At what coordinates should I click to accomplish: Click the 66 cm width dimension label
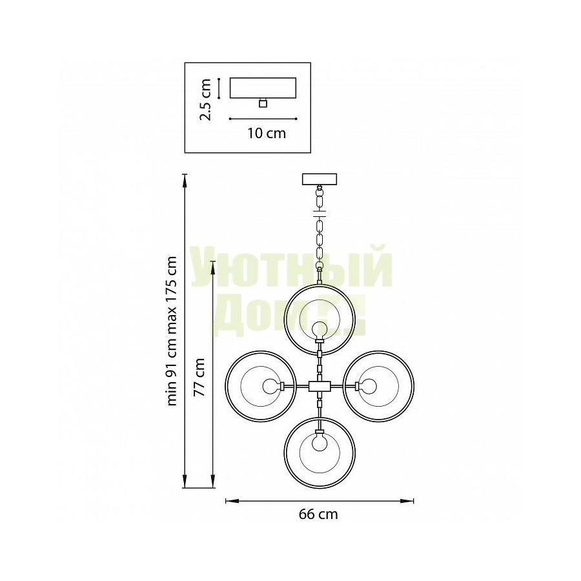coord(318,515)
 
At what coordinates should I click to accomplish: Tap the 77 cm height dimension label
coord(199,377)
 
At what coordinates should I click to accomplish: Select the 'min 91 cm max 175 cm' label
coord(172,331)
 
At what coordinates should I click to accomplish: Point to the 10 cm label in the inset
coord(267,133)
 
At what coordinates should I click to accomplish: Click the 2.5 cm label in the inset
coord(205,99)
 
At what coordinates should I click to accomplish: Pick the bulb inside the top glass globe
coord(320,330)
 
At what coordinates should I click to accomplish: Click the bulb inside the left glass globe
coord(272,387)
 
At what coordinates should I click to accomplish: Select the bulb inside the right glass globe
coord(367,387)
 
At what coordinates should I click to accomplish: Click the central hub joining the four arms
coord(320,387)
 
